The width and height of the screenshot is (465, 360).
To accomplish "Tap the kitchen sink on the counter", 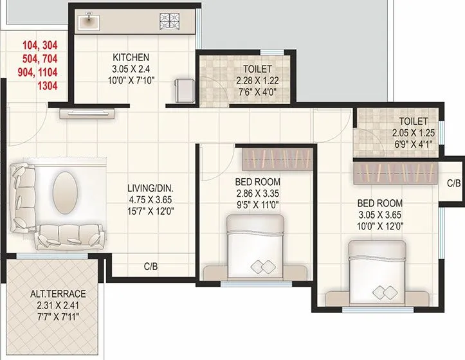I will tap(87, 21).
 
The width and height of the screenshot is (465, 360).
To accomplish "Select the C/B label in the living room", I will tap(151, 266).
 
